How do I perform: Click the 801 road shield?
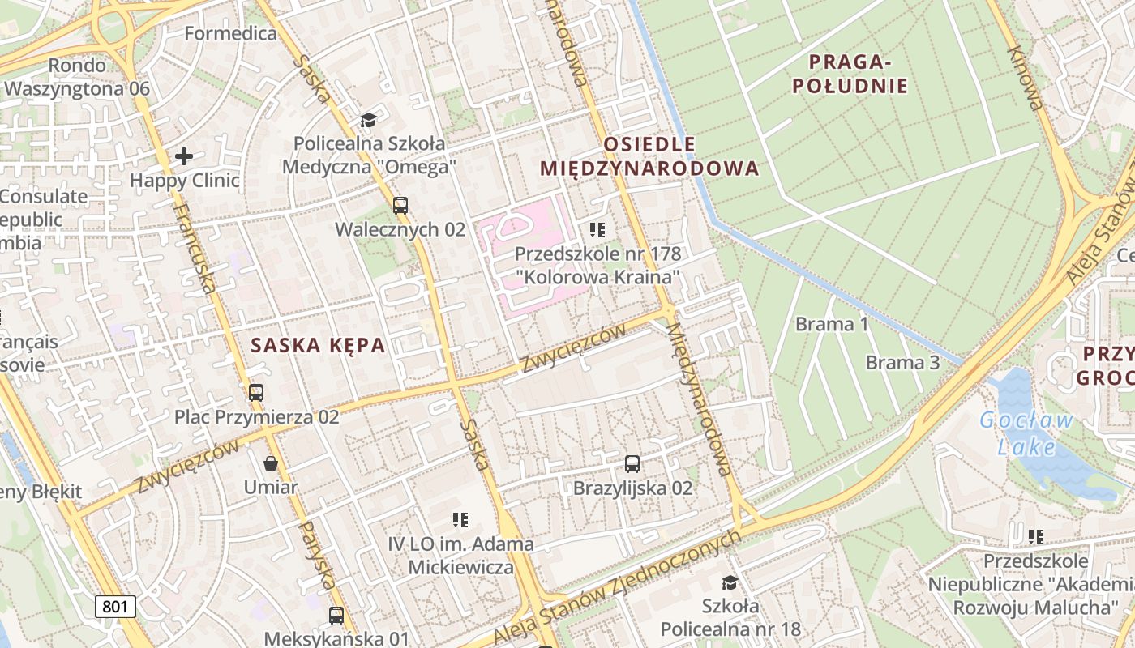point(115,606)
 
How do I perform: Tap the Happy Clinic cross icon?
point(184,156)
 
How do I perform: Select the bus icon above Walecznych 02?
point(400,205)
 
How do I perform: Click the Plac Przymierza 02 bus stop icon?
point(256,393)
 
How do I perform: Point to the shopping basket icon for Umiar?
point(271,463)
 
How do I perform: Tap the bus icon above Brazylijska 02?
point(632,464)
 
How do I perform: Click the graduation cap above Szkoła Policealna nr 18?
point(730,582)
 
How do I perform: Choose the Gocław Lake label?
point(1026,433)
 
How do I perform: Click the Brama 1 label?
point(832,325)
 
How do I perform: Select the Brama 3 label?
point(902,362)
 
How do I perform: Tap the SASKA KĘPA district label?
point(318,345)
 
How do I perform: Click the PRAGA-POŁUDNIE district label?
point(850,74)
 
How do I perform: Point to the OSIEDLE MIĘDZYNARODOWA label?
point(649,156)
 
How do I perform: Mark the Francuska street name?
point(195,246)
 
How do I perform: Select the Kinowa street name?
point(1025,77)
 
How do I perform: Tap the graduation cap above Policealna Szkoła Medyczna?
point(369,121)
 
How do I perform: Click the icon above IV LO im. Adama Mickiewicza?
point(460,519)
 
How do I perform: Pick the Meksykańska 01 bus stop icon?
point(336,616)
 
